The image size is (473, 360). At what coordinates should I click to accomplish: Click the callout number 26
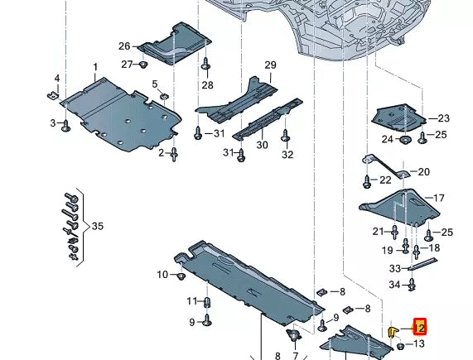point(124,46)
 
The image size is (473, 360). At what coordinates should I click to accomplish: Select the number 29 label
point(270,65)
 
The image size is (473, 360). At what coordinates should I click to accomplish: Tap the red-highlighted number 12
point(420,327)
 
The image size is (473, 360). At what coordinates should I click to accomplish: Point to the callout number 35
point(98,225)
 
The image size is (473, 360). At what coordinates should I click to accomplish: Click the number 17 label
point(438,198)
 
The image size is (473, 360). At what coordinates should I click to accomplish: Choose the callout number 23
point(443,118)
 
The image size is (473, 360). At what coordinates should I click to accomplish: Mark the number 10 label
point(162,274)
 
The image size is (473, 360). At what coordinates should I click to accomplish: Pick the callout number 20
point(424,172)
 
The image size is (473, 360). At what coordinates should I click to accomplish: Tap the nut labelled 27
point(143,64)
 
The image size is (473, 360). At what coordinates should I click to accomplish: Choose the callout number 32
point(287,154)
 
